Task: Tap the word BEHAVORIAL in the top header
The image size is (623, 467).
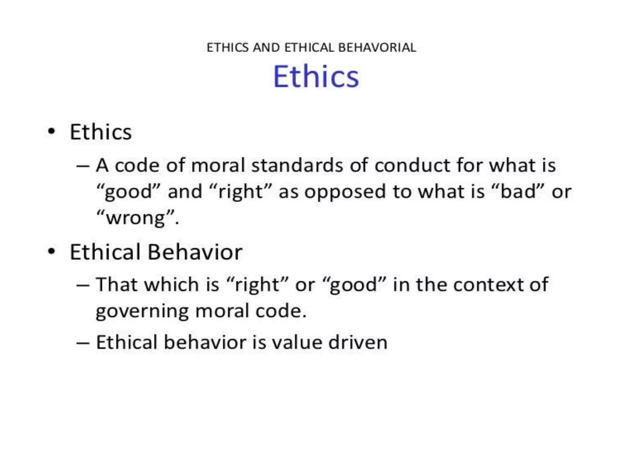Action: click(x=377, y=48)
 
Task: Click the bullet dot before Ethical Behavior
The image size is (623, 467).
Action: click(x=52, y=251)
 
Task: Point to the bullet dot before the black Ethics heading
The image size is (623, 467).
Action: click(x=52, y=131)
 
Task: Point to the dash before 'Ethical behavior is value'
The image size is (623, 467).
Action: click(x=83, y=343)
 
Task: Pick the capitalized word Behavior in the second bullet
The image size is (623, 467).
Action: click(x=195, y=252)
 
